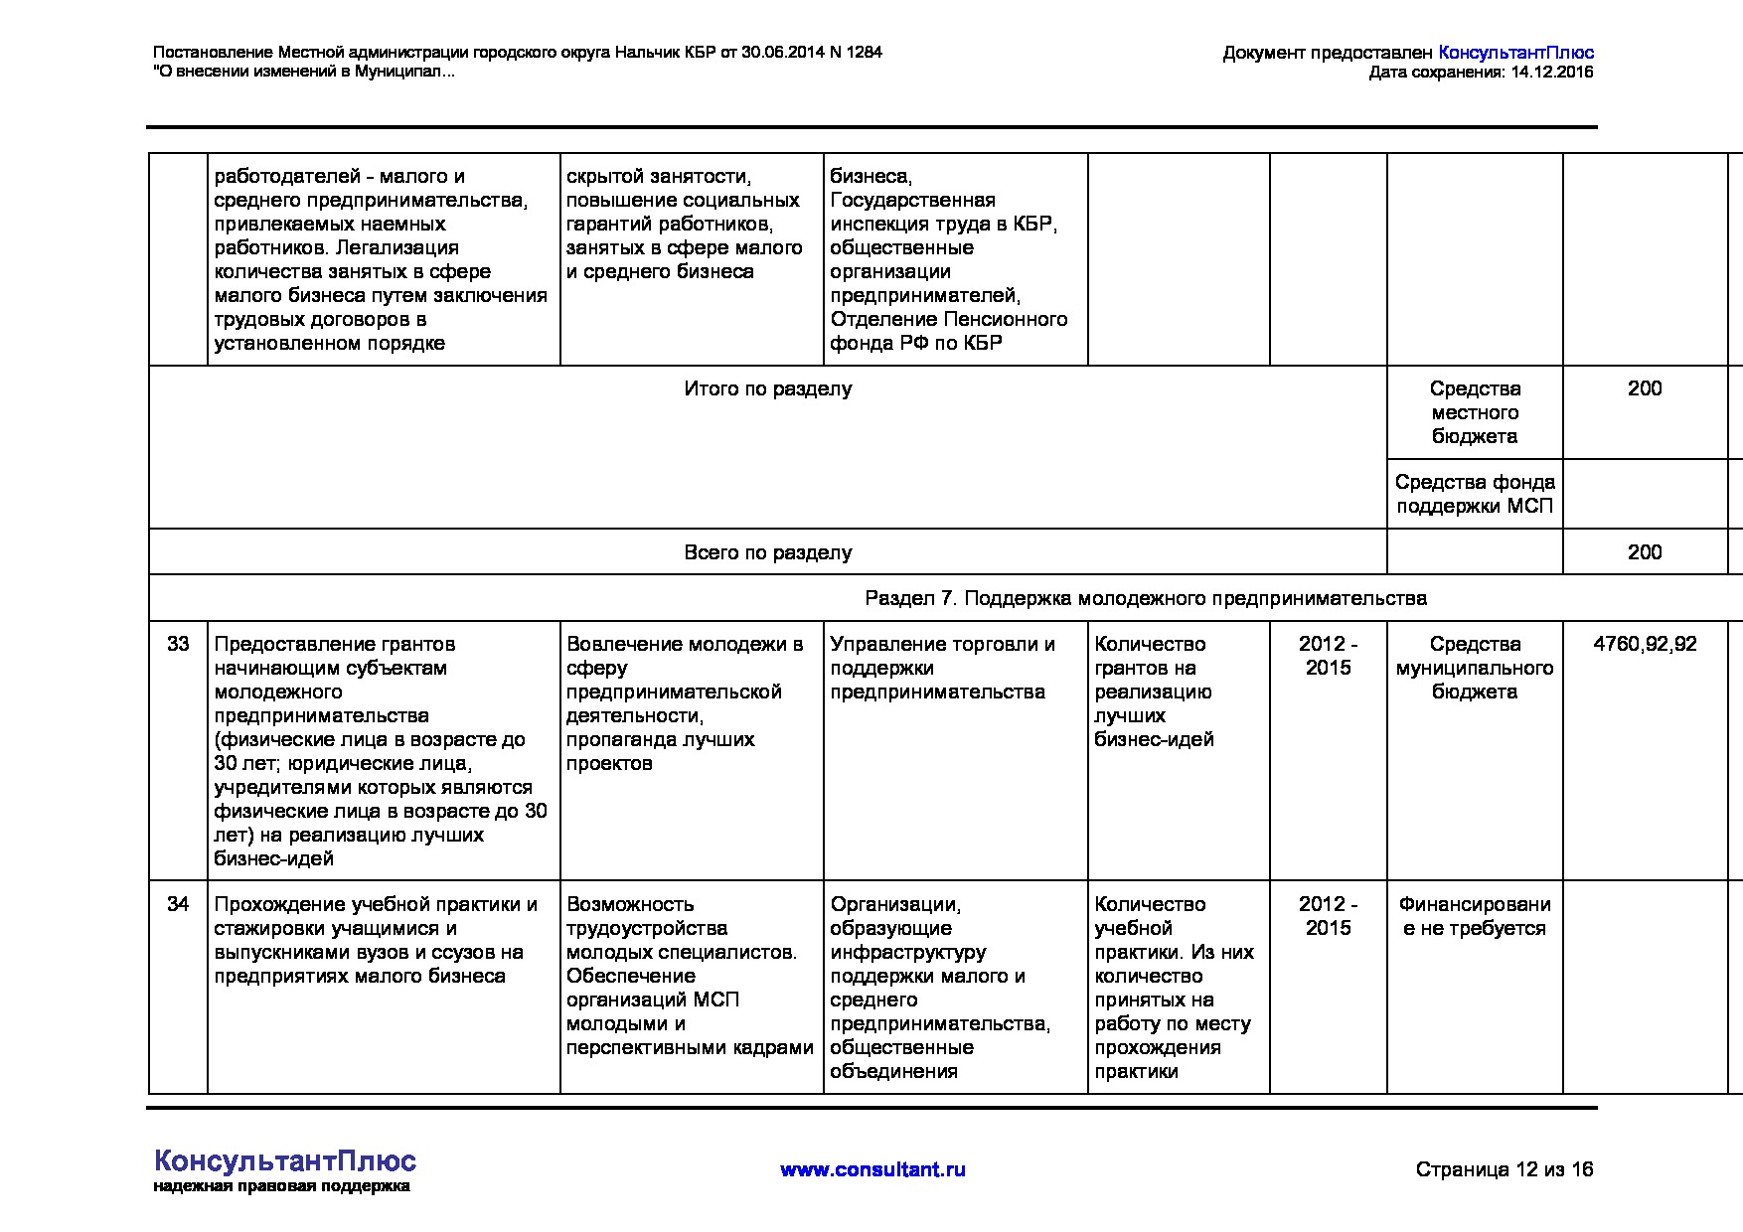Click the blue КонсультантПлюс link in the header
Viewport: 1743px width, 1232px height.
(x=1515, y=53)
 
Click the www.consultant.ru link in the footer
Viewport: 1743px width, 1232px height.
(x=872, y=1169)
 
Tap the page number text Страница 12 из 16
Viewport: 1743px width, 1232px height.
(x=1504, y=1169)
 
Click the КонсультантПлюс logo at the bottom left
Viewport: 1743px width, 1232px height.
(x=285, y=1161)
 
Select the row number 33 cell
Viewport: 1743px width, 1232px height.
(x=178, y=644)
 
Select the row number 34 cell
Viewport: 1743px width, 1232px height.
(x=178, y=904)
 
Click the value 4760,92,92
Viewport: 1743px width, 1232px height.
(x=1645, y=644)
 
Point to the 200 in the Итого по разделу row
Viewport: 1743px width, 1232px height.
(x=1645, y=388)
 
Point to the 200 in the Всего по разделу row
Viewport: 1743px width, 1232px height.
(x=1645, y=552)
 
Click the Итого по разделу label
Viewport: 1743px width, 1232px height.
(x=767, y=388)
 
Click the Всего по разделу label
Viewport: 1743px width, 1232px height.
(x=767, y=552)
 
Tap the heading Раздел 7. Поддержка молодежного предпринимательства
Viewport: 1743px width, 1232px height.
(x=1145, y=598)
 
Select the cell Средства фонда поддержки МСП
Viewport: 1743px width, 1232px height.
(x=1475, y=494)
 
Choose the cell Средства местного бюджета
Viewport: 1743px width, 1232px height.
(x=1475, y=412)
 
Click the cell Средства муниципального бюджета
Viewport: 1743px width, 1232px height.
(x=1475, y=668)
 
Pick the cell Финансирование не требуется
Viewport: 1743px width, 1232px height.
(x=1475, y=916)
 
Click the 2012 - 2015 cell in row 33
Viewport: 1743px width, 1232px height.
(x=1328, y=656)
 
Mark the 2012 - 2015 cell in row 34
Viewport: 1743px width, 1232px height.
(x=1328, y=916)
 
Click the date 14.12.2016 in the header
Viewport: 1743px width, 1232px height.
(x=1551, y=73)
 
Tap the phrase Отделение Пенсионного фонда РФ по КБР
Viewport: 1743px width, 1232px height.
(x=948, y=331)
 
